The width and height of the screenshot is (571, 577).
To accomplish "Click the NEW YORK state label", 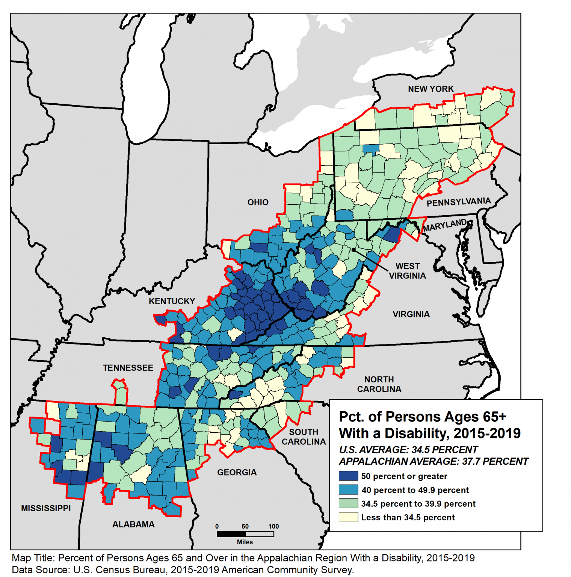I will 431,89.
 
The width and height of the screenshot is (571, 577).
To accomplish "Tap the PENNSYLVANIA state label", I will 458,202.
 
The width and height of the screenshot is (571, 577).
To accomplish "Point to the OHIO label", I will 258,202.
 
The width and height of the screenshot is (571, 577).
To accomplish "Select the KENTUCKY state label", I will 172,301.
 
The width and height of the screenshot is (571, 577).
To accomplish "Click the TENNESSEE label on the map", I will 128,368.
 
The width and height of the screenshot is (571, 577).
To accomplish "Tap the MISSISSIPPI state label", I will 46,508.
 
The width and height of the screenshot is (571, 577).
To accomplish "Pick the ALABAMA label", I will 133,524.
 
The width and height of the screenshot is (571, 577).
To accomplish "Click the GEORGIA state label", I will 237,472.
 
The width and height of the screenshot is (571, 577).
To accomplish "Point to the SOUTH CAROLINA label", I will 304,437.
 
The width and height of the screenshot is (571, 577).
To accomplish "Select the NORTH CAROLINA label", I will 379,384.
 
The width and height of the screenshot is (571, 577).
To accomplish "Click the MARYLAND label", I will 445,225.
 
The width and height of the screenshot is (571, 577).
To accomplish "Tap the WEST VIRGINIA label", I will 407,271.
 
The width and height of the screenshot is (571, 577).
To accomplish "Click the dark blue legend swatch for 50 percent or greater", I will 348,476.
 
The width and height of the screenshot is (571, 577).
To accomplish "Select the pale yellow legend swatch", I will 348,517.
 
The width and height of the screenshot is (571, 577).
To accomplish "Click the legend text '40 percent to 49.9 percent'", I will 415,490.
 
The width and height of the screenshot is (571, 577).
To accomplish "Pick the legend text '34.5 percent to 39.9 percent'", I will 418,504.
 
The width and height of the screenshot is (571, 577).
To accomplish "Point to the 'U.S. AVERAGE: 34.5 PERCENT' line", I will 408,450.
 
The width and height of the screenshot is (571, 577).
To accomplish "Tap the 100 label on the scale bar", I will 273,526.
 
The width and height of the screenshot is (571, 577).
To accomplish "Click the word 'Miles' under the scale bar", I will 245,542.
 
